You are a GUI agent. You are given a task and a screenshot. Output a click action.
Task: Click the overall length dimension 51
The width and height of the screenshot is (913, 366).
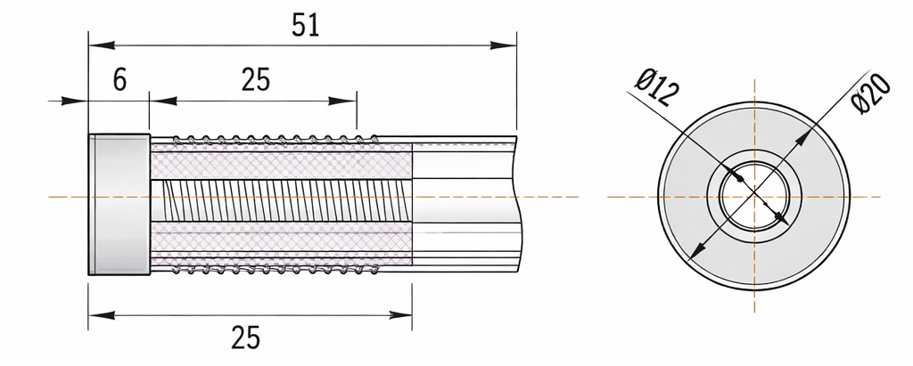click(306, 26)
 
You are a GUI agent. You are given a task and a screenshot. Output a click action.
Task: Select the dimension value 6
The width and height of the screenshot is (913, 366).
click(119, 80)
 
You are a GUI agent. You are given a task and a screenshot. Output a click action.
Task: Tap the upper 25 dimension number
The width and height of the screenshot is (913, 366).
click(256, 80)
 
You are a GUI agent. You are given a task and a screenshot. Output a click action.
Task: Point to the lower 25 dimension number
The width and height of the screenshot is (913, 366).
click(246, 338)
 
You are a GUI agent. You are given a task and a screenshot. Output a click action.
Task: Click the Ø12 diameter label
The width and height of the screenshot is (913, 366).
click(658, 87)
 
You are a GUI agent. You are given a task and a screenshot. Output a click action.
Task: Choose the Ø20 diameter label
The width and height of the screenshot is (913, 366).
click(871, 94)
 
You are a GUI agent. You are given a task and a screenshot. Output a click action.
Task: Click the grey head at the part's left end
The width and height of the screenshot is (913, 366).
click(119, 204)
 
